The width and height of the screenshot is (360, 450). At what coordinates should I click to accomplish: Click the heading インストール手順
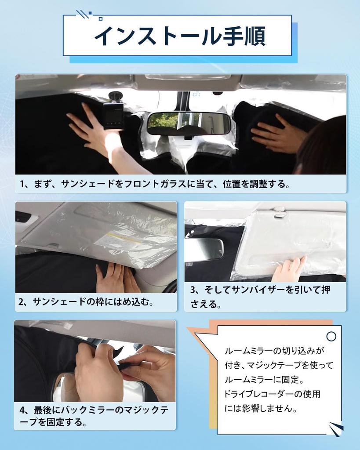point(180,36)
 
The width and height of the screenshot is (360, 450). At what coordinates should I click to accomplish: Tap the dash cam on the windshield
point(113,116)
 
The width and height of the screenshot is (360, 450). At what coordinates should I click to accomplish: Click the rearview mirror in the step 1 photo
point(189,123)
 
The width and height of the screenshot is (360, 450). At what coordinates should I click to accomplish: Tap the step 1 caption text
point(155,184)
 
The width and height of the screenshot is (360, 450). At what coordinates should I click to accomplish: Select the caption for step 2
point(86,302)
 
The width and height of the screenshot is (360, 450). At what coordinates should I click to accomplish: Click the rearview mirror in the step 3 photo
point(204,249)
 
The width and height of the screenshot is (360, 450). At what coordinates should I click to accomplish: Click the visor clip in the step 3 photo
point(279,211)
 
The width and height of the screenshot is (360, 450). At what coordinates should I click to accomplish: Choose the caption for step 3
point(260,297)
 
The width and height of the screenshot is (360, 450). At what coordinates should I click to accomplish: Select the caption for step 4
point(94,416)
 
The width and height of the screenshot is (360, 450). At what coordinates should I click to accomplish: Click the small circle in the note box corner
point(331,336)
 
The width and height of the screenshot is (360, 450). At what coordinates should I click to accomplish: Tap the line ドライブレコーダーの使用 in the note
point(272,394)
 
